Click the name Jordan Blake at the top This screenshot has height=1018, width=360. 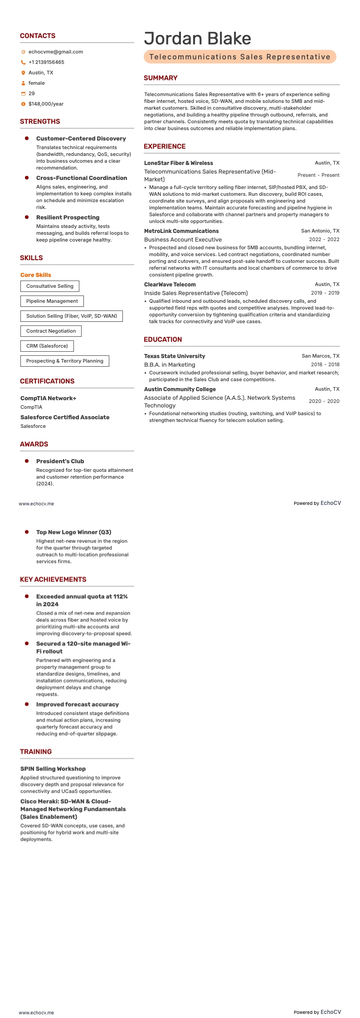pos(197,39)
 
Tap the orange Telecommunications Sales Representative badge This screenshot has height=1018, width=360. pos(240,57)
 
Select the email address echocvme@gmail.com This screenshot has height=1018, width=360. pos(55,52)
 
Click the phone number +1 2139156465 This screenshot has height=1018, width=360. pos(46,62)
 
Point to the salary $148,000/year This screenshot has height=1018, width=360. pos(46,104)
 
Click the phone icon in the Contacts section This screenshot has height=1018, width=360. pos(23,62)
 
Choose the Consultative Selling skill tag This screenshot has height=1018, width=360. pos(50,286)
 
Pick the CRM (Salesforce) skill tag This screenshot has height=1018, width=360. pos(47,346)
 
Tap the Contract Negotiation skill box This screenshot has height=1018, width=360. pos(51,331)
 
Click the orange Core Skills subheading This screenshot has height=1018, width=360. pos(36,275)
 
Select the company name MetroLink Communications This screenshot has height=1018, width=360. pos(181,231)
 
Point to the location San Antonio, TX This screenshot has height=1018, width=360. pos(320,231)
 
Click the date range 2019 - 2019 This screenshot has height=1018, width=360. pos(325,293)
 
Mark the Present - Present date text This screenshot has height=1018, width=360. pos(318,175)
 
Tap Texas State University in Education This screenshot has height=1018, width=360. pos(175,356)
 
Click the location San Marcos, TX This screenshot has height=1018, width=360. pos(321,356)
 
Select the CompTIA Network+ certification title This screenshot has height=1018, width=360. pos(49,398)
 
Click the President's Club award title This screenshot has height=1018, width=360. pos(60,461)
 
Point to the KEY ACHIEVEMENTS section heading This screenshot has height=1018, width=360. pos(53,579)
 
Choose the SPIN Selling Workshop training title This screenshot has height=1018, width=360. pos(53,768)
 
